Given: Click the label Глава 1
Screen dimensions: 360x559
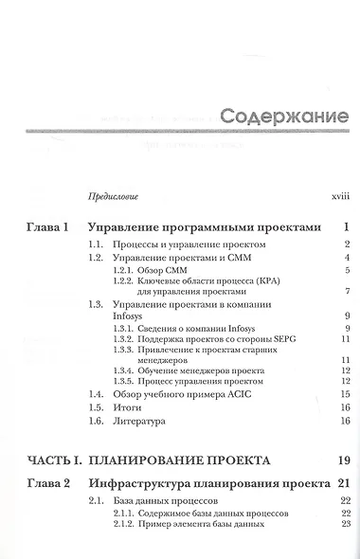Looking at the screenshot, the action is click(47, 227).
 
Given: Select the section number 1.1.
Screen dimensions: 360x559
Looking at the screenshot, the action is click(95, 244).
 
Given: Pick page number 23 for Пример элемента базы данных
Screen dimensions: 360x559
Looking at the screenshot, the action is click(345, 524).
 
